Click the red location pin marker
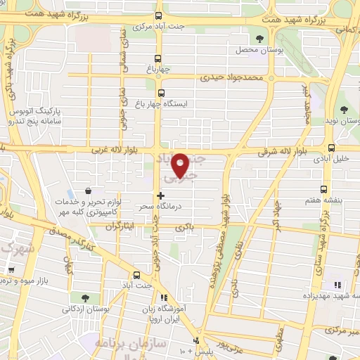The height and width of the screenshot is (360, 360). coord(181,164)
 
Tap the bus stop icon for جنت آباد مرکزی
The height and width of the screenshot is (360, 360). coord(158,15)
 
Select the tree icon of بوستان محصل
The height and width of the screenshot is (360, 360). coord(261,39)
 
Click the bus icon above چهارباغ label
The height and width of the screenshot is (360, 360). coord(158,59)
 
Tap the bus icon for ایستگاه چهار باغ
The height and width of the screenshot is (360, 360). coord(161,92)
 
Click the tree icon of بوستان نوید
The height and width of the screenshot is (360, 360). coord(343,109)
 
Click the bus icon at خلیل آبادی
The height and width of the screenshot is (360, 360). coord(331,147)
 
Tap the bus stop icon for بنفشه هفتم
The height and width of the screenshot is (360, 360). coord(324,188)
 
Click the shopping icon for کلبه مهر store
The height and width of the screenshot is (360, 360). coord(88,190)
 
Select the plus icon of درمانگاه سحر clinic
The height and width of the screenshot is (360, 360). coord(161,195)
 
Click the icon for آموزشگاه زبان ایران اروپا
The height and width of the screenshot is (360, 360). coord(165,298)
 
